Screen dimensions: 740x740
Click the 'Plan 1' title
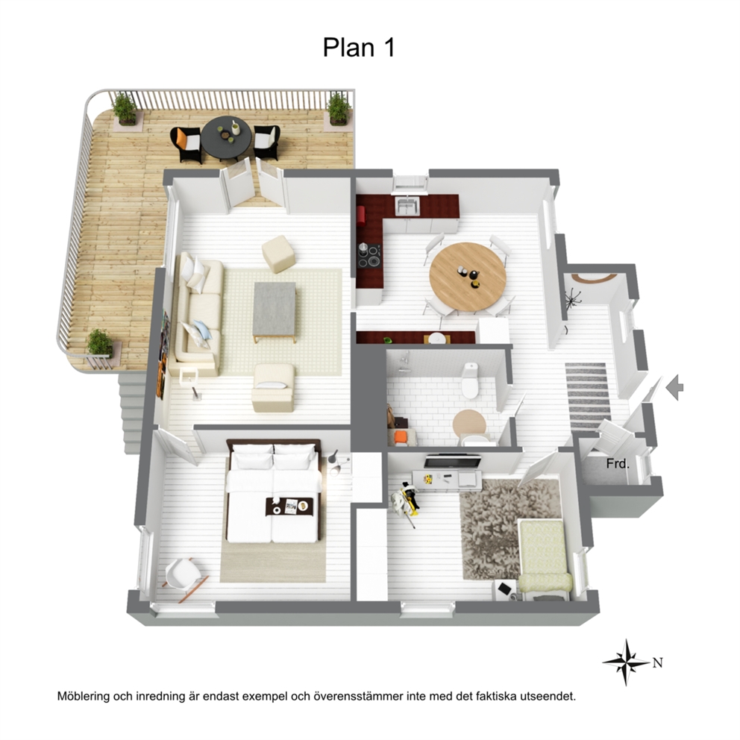tap(359, 47)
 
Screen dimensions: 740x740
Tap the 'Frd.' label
tap(618, 464)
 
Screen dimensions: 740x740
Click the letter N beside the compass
tap(658, 663)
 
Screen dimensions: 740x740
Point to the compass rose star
tap(626, 662)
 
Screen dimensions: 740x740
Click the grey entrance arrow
tap(675, 387)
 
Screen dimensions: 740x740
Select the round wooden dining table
tap(468, 277)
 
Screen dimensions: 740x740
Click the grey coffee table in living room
tap(275, 310)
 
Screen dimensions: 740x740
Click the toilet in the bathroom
tap(471, 380)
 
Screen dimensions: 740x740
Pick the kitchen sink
tap(407, 206)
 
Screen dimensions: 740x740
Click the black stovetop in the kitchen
tap(369, 257)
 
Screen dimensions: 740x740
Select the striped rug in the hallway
tap(588, 395)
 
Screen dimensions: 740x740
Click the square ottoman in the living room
tap(279, 254)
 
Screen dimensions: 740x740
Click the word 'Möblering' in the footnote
tap(84, 696)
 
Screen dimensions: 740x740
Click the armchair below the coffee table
tap(273, 387)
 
